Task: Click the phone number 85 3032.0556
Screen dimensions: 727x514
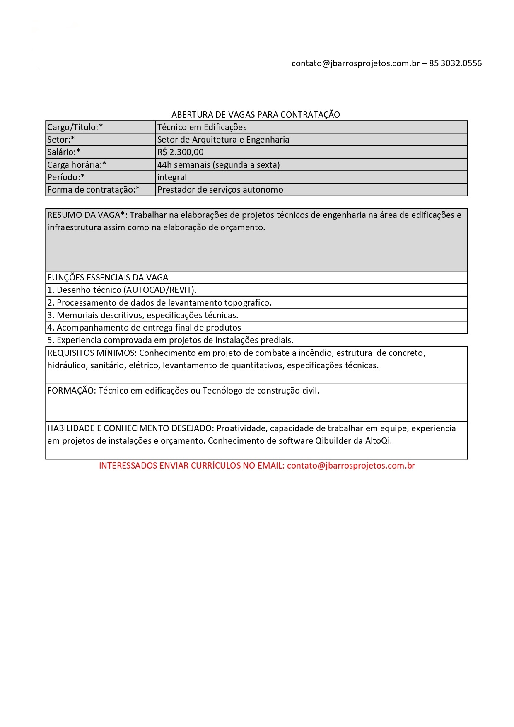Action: pyautogui.click(x=455, y=63)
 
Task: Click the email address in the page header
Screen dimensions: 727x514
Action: pyautogui.click(x=355, y=63)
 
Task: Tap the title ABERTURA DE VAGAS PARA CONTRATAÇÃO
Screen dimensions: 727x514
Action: pyautogui.click(x=256, y=115)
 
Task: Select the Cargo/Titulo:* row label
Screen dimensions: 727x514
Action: pyautogui.click(x=75, y=127)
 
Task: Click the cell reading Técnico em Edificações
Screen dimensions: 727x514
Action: pyautogui.click(x=202, y=127)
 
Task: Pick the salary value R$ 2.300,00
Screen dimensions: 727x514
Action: pyautogui.click(x=181, y=152)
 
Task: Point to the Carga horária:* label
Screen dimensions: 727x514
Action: pyautogui.click(x=77, y=165)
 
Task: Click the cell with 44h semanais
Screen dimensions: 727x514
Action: pyautogui.click(x=218, y=165)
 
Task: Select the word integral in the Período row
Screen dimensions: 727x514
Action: pyautogui.click(x=172, y=177)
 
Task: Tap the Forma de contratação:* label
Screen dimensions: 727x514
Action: pyautogui.click(x=93, y=190)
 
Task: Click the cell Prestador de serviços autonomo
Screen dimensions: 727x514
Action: pyautogui.click(x=220, y=190)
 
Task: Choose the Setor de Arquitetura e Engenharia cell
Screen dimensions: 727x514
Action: pyautogui.click(x=223, y=140)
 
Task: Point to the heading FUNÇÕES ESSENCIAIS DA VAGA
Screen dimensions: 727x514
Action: pyautogui.click(x=108, y=278)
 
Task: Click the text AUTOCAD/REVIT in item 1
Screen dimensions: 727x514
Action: pyautogui.click(x=160, y=290)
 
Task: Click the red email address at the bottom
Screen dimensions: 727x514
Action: pyautogui.click(x=351, y=466)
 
